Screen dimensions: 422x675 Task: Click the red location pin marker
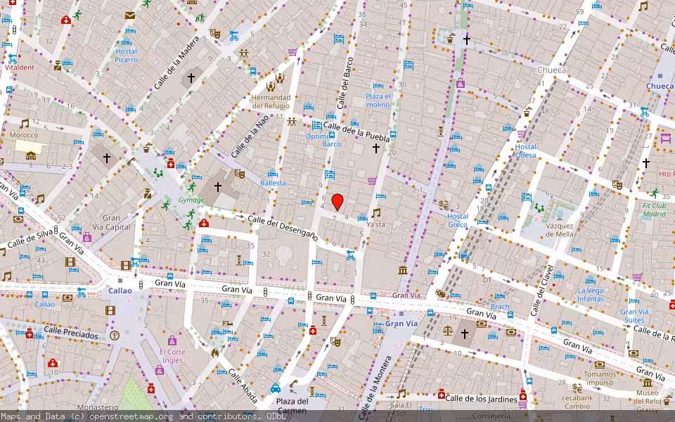(x=337, y=202)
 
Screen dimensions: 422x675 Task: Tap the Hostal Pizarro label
(x=126, y=56)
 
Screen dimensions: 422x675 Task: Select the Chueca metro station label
(x=660, y=86)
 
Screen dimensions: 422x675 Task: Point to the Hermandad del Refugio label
(x=271, y=101)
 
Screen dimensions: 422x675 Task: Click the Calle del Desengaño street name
(x=283, y=229)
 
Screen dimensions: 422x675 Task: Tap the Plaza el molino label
(x=378, y=100)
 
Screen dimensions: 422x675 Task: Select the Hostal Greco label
(x=457, y=220)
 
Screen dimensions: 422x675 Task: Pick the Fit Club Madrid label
(x=653, y=210)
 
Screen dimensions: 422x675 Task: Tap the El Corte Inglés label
(x=172, y=356)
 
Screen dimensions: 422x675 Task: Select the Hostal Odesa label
(x=525, y=151)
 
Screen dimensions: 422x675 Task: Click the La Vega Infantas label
(x=590, y=295)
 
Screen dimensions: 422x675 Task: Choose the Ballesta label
(x=273, y=183)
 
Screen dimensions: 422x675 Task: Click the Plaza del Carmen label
(x=292, y=406)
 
